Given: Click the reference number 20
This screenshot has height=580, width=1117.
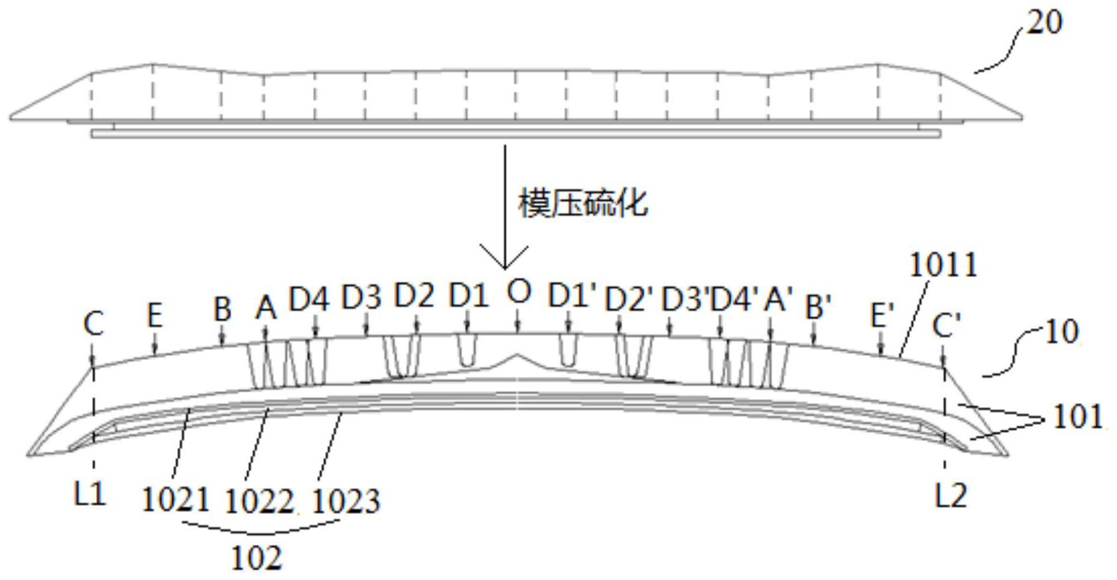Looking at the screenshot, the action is click(x=1044, y=23).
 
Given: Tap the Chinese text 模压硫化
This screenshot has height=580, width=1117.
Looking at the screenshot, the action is click(x=582, y=203).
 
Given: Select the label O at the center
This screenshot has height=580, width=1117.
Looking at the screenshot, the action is click(x=518, y=292).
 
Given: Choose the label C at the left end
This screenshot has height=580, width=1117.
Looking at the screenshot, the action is click(x=94, y=324).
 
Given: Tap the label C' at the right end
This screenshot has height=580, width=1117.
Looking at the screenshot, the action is click(x=946, y=325).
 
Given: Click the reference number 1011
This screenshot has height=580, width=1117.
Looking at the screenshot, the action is click(x=943, y=265).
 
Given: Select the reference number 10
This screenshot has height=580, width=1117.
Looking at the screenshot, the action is click(x=1061, y=331).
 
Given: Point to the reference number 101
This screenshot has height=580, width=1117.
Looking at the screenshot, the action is click(x=1077, y=417).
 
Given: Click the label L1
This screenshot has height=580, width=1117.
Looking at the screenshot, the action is click(x=90, y=494).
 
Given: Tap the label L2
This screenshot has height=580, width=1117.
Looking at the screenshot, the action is click(x=951, y=495).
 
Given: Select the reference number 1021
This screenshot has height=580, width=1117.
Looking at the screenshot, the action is click(x=176, y=499).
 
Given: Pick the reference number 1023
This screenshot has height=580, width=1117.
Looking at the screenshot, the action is click(x=346, y=501).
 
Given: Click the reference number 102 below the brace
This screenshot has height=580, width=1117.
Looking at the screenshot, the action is click(x=256, y=557).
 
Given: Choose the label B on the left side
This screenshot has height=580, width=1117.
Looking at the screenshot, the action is click(x=222, y=309).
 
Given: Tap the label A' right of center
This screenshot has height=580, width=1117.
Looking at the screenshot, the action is click(x=777, y=300).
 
